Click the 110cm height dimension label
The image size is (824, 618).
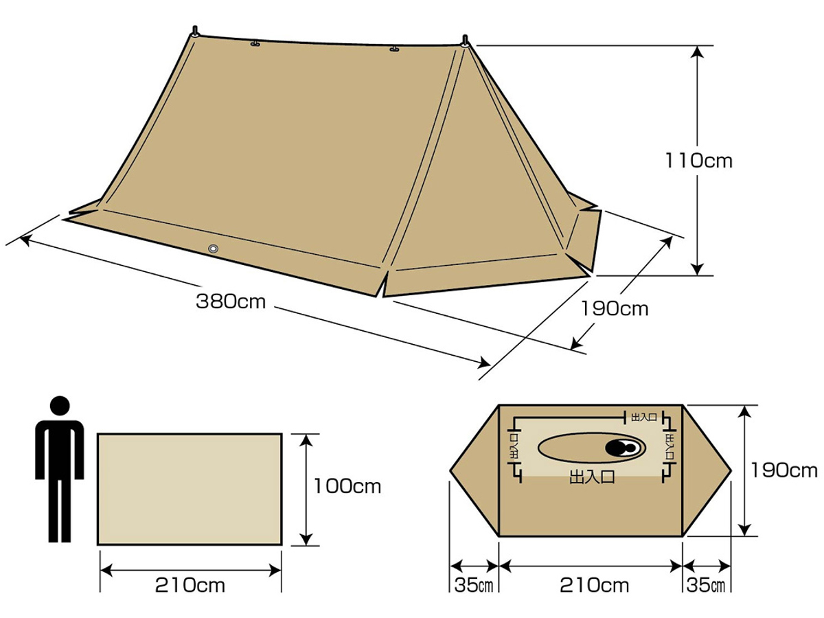[x=698, y=161]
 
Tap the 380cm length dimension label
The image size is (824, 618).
[x=231, y=301]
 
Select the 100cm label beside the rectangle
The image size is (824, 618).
[x=347, y=486]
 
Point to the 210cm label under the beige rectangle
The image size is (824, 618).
[x=190, y=585]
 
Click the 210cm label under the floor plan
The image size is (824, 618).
[x=594, y=585]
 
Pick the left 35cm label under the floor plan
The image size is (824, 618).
[x=473, y=585]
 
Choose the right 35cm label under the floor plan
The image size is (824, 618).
[x=706, y=585]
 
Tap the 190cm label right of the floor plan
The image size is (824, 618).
[x=784, y=470]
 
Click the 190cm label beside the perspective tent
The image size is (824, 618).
[x=615, y=309]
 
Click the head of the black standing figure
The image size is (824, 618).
[x=60, y=406]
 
